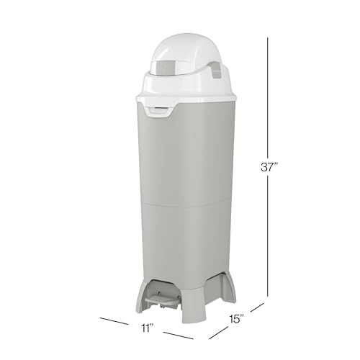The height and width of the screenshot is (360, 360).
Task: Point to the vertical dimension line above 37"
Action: coord(269,94)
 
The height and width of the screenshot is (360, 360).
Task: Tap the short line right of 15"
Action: coord(257,308)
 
